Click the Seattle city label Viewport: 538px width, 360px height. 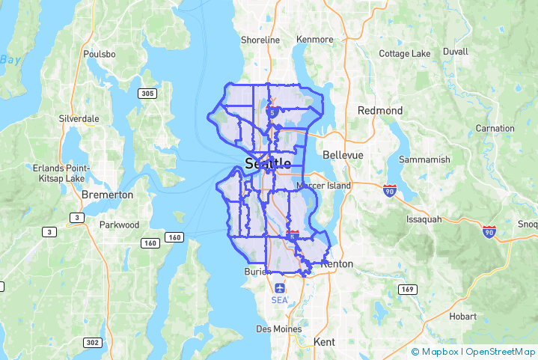click(268, 163)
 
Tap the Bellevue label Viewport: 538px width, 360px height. click(343, 155)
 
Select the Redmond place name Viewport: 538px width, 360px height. click(380, 111)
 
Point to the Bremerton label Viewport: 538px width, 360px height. click(108, 195)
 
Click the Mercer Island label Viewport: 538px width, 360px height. click(323, 185)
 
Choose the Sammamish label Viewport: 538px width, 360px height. click(424, 160)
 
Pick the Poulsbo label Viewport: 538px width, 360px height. click(100, 54)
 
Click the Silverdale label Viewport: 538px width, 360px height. click(79, 119)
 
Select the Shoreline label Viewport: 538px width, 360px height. click(260, 40)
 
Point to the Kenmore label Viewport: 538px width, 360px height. click(315, 39)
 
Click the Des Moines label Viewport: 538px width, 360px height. click(278, 329)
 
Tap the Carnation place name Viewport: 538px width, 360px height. click(495, 129)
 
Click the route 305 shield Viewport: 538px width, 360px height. click(147, 94)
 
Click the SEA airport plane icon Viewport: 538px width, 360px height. click(280, 288)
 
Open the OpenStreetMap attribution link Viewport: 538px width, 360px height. click(501, 351)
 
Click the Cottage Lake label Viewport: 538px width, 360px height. click(405, 54)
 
